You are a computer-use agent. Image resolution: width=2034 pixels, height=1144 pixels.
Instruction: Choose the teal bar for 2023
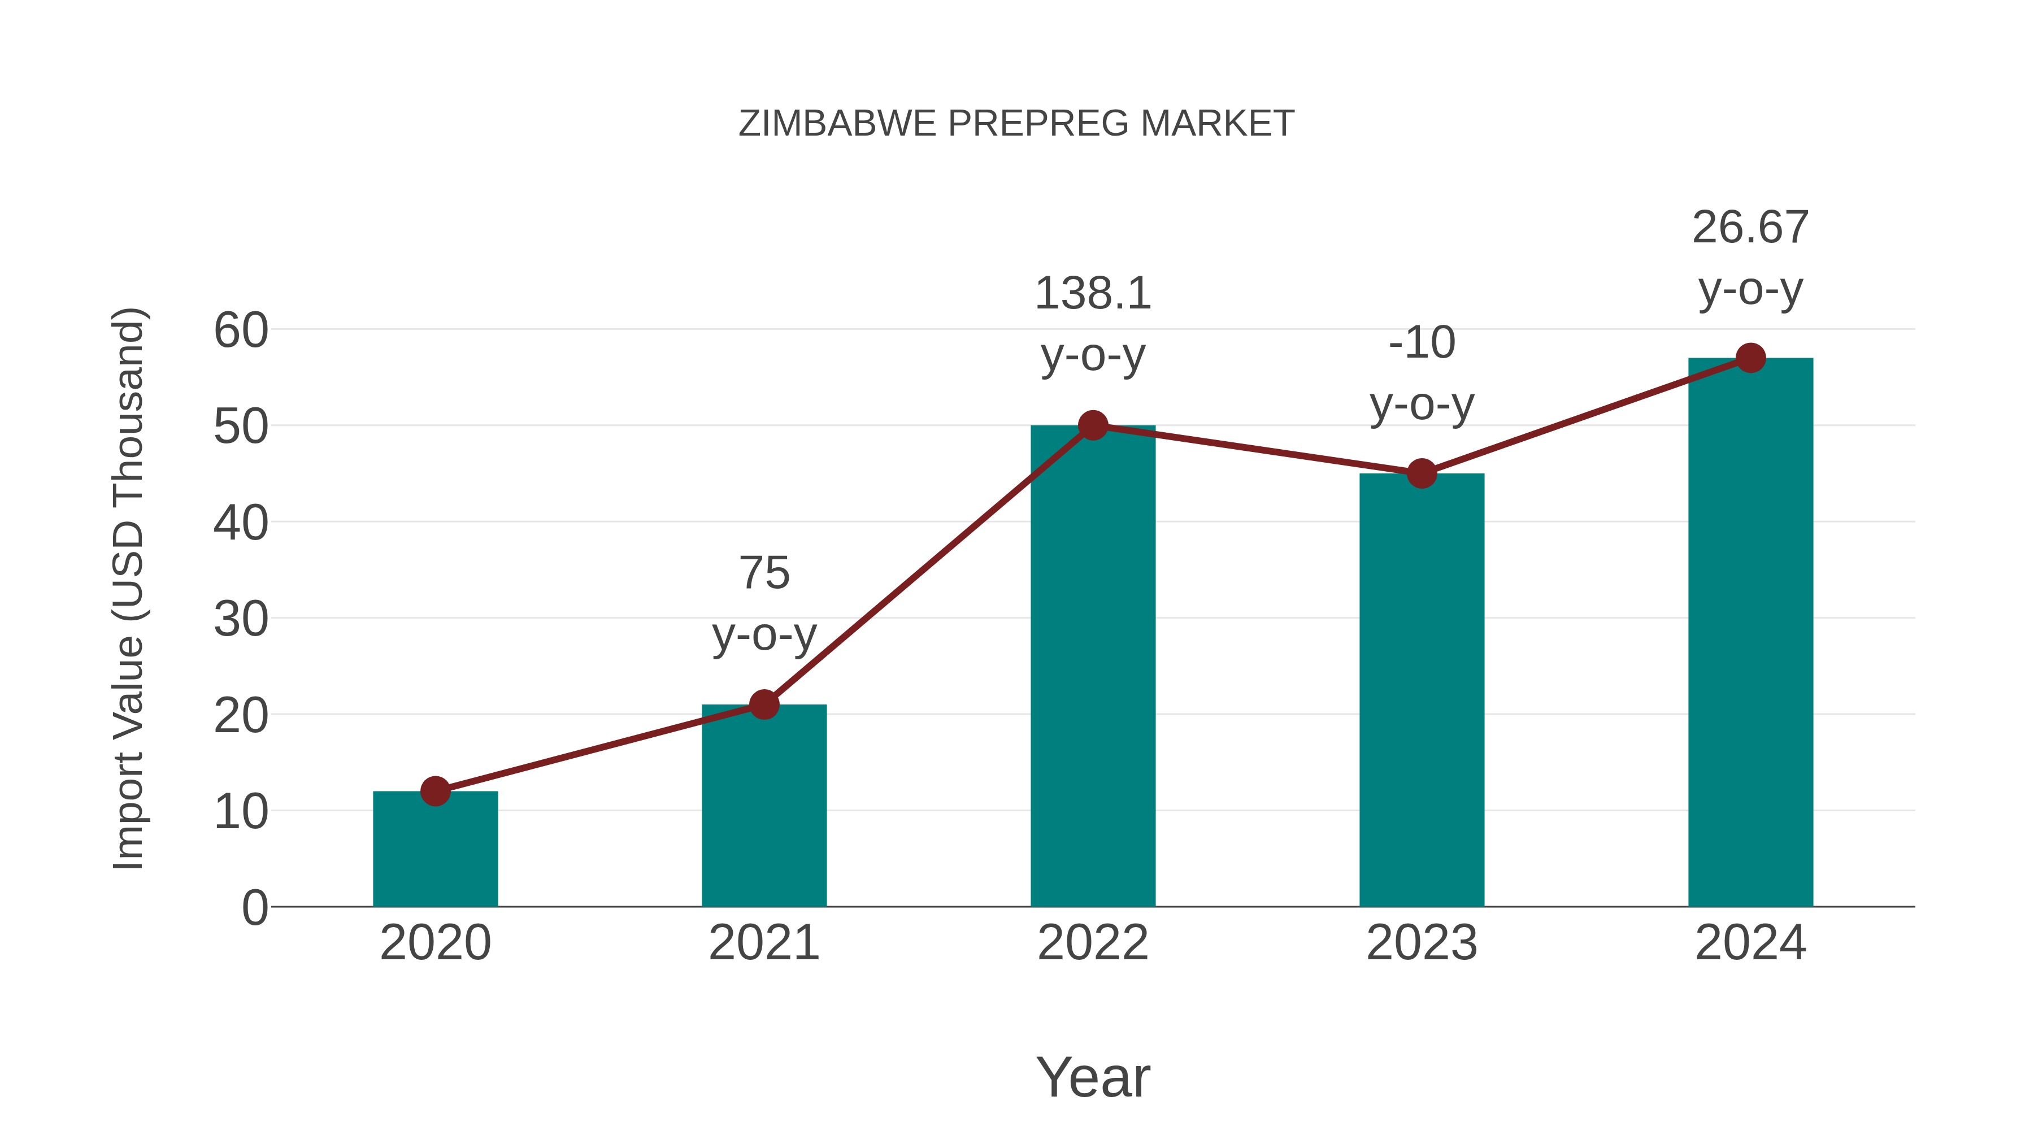coord(1422,695)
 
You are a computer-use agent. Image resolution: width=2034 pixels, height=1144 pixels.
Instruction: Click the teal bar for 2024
coord(1750,632)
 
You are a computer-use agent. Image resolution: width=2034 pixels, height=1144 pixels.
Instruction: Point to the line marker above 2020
coord(435,790)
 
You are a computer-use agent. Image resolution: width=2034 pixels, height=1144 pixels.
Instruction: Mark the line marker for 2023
coord(1422,474)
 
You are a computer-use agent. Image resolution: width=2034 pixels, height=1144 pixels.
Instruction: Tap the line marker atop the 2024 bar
coord(1750,358)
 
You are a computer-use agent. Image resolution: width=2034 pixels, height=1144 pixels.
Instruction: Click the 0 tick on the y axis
coord(254,907)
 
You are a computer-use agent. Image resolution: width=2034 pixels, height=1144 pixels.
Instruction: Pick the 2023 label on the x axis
coord(1422,943)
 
